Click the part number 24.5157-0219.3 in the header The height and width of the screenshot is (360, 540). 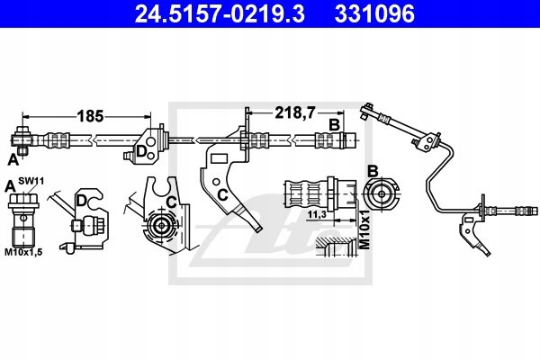206,15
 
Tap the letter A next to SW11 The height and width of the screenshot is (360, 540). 10,184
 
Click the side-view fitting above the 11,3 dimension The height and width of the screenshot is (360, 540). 310,191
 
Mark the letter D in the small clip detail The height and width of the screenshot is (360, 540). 81,199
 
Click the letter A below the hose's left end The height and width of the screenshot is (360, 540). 13,159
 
